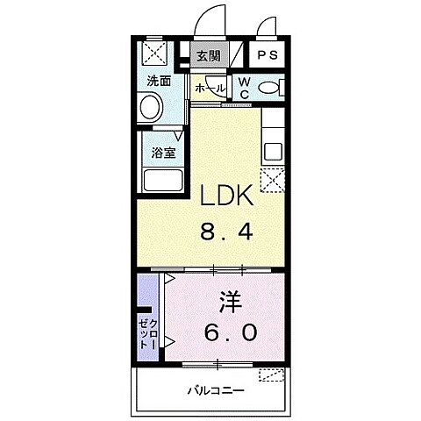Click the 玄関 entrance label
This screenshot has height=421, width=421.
[208, 58]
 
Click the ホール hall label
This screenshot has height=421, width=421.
[210, 89]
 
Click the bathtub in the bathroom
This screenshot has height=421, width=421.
[161, 182]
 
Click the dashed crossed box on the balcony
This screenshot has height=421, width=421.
[273, 375]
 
